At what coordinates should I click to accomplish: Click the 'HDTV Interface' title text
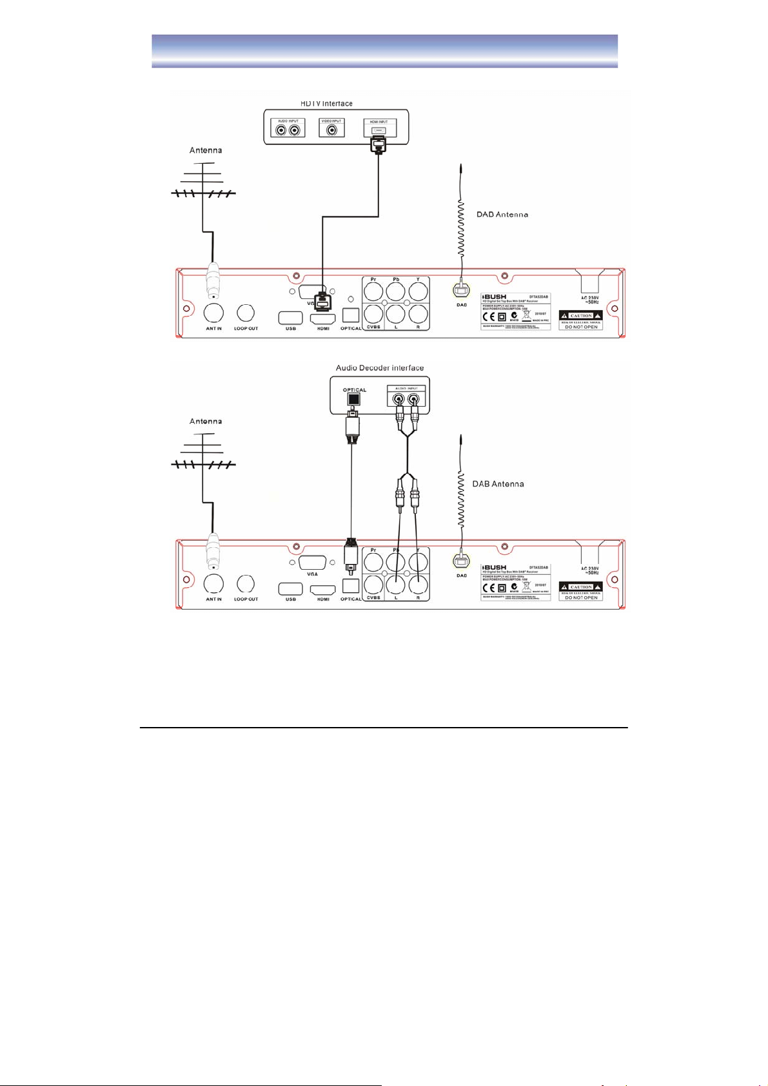click(x=326, y=103)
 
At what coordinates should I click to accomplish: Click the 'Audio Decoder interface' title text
click(x=380, y=368)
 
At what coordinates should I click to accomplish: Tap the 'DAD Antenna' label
click(x=502, y=215)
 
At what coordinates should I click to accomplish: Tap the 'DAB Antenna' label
click(x=498, y=483)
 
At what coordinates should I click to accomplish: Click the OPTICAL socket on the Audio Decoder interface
click(x=353, y=400)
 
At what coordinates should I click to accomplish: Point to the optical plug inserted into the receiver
click(x=350, y=556)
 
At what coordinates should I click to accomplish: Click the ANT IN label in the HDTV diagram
click(x=213, y=329)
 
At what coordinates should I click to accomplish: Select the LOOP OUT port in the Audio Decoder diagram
click(x=246, y=584)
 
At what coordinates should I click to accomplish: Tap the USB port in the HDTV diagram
click(x=290, y=317)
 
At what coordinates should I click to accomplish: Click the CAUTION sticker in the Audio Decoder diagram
click(x=580, y=587)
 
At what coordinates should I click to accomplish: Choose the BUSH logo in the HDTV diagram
click(x=495, y=297)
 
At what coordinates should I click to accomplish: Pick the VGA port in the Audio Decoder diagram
click(x=313, y=561)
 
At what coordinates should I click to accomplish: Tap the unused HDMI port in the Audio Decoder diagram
click(x=323, y=589)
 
